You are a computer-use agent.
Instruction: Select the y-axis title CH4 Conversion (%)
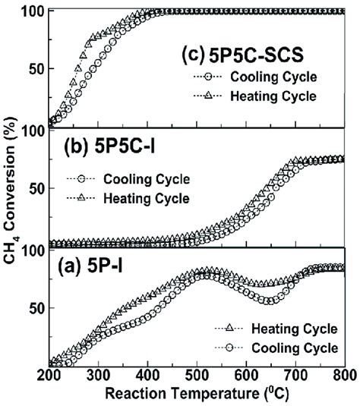coord(11,190)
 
